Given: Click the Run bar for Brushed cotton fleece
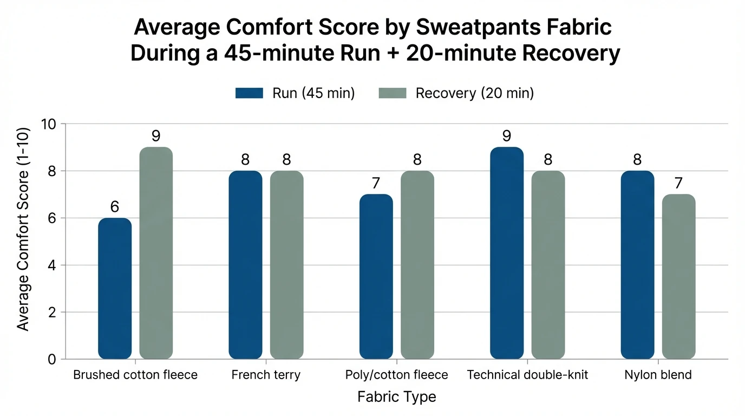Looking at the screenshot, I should (115, 288).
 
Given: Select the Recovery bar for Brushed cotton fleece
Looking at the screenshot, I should (156, 253).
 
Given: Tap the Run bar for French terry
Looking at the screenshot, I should (245, 265).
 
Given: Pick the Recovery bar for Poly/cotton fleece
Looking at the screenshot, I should (417, 265).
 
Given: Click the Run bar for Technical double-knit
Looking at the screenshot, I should (507, 253).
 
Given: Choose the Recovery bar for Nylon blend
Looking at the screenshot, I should (678, 276).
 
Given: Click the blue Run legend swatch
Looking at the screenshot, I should (249, 93).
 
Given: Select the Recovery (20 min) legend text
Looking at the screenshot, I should (474, 93).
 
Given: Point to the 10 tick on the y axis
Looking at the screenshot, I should (49, 124).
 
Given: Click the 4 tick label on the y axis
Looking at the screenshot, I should (51, 265).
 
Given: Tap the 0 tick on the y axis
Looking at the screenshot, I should (51, 359).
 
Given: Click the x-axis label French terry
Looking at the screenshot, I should (265, 375).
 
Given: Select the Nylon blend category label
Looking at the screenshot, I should (658, 375).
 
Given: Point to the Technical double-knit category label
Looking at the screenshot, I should (527, 375).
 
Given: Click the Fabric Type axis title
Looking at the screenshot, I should (396, 397).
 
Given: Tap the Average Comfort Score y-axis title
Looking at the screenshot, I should (23, 242).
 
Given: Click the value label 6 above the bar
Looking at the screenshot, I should (115, 207).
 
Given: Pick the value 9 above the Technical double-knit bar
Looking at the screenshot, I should (507, 136).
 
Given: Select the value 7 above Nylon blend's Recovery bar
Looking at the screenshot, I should (678, 183).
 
